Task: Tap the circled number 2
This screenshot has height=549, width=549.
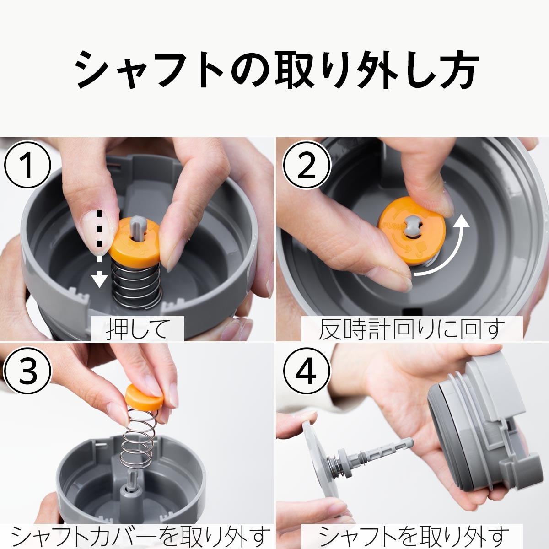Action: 306,166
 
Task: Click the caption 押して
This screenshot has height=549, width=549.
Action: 137,329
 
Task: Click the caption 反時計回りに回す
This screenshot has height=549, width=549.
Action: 411,329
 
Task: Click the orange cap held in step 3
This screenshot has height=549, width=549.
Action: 144,396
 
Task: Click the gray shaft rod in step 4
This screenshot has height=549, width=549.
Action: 380,451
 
